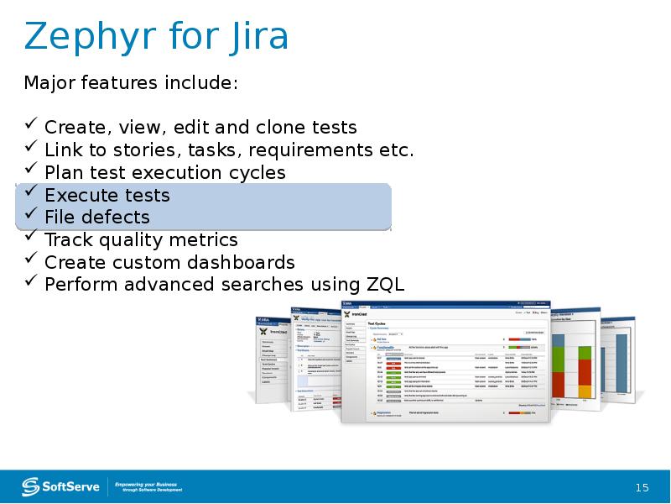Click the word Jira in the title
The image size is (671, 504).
(256, 38)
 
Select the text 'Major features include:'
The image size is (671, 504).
(131, 83)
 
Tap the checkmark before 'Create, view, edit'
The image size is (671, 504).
(30, 126)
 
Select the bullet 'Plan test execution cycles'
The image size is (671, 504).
(164, 172)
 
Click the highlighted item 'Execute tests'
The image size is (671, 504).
(107, 195)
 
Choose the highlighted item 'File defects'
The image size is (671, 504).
(96, 218)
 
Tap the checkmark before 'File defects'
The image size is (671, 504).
(30, 216)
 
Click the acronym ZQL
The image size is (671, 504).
(386, 284)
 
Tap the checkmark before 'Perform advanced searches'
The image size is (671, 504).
(30, 282)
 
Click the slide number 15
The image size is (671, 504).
(642, 488)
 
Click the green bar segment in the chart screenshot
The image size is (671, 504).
(559, 358)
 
